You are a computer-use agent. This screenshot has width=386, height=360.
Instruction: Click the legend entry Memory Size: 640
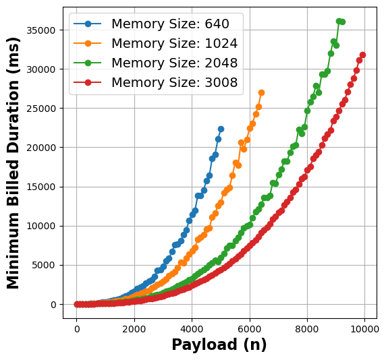(x=170, y=24)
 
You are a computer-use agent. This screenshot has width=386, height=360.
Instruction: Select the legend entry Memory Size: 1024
(x=174, y=44)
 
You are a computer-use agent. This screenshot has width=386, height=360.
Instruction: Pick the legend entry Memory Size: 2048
(x=174, y=63)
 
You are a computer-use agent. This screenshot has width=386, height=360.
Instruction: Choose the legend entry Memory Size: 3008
(x=174, y=83)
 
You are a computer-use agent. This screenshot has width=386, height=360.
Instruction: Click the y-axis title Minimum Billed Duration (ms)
(x=13, y=162)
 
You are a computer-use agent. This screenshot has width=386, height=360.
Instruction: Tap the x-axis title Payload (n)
(x=219, y=345)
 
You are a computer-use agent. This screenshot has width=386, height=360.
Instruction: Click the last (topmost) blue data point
(x=221, y=129)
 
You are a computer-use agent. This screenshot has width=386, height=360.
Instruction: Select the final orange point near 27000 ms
(x=261, y=92)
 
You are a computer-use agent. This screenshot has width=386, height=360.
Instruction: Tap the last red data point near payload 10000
(x=362, y=55)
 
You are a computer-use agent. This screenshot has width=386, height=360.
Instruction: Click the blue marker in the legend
(x=87, y=24)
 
